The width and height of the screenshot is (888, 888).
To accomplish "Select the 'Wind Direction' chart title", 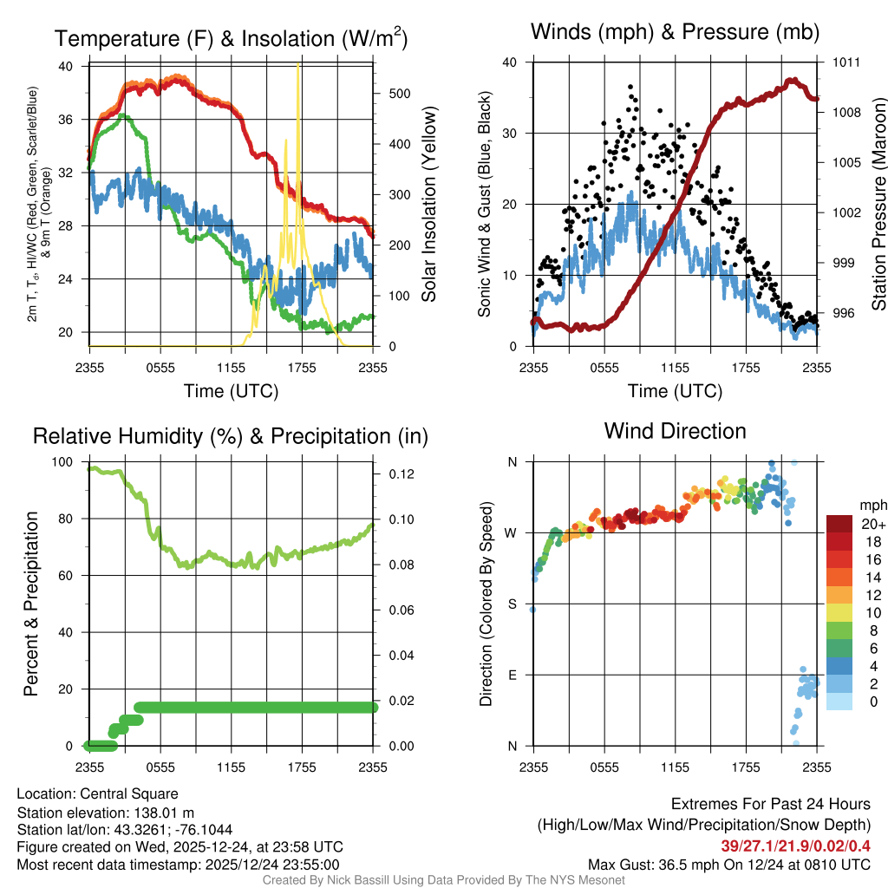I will coord(675,431).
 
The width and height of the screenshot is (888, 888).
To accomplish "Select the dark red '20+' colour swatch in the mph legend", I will coord(841,524).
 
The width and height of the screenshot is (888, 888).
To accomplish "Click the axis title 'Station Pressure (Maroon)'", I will coord(878,204).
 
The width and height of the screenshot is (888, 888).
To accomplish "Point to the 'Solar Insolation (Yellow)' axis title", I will coord(428,205).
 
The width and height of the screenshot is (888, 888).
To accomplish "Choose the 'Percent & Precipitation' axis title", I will coord(31,604).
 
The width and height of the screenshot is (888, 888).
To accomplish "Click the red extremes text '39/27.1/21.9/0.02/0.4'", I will coord(795,846).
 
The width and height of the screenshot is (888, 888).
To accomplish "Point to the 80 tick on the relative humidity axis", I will coord(70,519).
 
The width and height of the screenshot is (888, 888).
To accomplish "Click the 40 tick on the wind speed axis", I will coord(513,62).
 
